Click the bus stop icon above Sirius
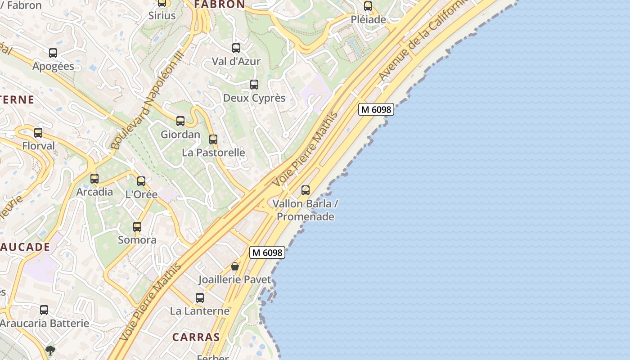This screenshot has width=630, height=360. [162, 3]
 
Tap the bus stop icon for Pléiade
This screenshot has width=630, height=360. [368, 6]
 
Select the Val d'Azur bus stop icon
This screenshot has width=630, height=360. [236, 48]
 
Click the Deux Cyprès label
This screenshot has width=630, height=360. [254, 98]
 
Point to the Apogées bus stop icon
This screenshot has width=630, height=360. [53, 53]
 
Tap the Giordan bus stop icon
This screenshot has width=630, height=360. [180, 121]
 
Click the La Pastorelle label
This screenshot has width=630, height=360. [213, 153]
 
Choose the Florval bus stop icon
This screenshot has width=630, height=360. [38, 133]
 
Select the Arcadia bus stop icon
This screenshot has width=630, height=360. [94, 179]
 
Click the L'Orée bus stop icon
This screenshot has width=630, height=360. [141, 181]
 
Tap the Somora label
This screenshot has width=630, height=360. [137, 240]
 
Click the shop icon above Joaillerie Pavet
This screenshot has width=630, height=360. [235, 266]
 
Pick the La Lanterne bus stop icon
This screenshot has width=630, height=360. [200, 298]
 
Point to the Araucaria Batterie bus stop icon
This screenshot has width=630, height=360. [44, 310]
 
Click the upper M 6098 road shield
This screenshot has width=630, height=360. [376, 109]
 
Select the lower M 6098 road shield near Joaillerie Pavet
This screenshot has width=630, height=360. [267, 253]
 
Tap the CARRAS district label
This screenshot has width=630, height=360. [196, 337]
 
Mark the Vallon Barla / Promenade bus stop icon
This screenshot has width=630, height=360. [306, 190]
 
